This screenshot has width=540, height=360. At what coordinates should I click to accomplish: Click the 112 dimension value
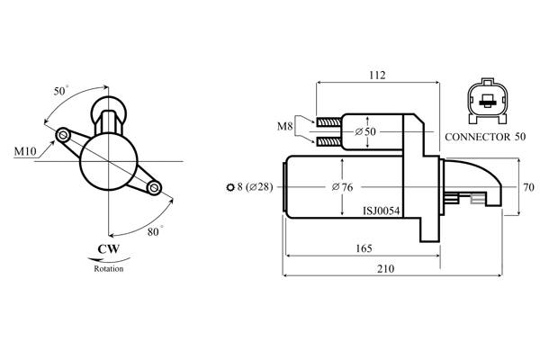pyautogui.click(x=377, y=75)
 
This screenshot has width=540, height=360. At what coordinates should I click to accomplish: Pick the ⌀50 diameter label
pyautogui.click(x=365, y=132)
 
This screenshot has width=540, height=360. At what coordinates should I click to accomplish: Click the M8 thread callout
pyautogui.click(x=284, y=127)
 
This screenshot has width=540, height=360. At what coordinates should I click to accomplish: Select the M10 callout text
pyautogui.click(x=25, y=151)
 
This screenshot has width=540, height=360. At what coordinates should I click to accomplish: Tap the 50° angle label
pyautogui.click(x=61, y=92)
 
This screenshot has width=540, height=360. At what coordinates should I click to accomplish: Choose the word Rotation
pyautogui.click(x=108, y=268)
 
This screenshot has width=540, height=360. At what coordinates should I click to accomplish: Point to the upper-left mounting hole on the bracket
pyautogui.click(x=63, y=135)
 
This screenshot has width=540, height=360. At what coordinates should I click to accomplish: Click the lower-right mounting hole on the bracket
pyautogui.click(x=155, y=187)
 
